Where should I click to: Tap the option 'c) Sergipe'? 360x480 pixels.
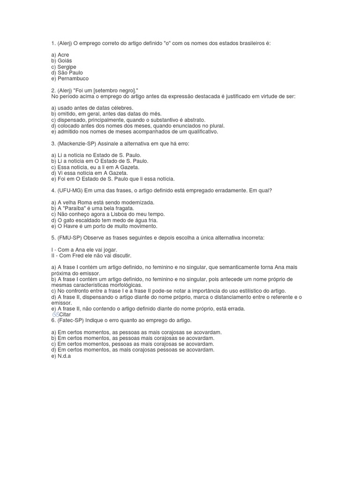tap(64, 67)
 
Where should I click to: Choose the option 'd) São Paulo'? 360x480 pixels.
tap(67, 73)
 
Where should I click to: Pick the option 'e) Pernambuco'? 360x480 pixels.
tap(69, 79)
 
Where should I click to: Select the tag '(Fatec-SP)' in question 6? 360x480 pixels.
tap(71, 320)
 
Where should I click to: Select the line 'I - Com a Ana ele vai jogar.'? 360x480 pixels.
tap(84, 250)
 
